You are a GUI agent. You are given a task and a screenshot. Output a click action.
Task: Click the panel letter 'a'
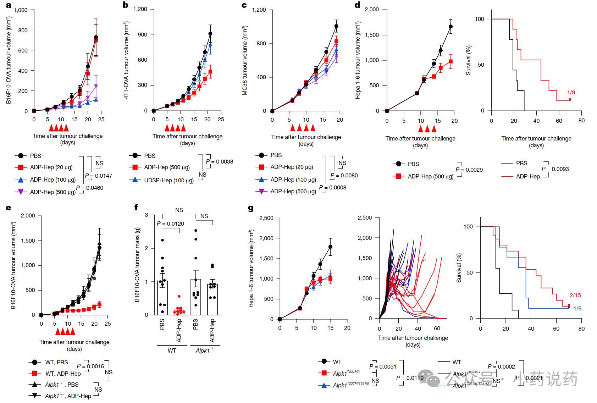point(8,5)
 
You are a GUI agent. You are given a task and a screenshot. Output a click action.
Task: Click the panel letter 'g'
point(251,208)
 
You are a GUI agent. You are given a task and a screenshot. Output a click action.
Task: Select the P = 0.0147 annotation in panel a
point(98,176)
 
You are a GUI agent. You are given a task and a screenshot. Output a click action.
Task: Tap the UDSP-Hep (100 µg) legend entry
point(168,180)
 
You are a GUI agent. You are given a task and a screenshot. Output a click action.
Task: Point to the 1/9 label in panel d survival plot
point(571,92)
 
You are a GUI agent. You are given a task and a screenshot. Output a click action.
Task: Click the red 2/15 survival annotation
point(575,295)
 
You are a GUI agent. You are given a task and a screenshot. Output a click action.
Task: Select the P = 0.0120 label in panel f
point(170,223)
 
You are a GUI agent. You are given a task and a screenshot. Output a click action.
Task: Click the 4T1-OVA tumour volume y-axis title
point(126,60)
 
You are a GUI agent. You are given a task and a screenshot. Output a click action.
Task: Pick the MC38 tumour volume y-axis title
point(245,60)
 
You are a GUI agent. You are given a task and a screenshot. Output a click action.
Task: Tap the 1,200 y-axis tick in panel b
point(140,9)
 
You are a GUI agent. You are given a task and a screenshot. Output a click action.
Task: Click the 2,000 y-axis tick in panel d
point(372,10)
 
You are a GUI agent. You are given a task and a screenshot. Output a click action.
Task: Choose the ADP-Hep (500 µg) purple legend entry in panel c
point(293,191)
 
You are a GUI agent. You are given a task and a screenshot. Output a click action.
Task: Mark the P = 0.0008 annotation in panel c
point(332,187)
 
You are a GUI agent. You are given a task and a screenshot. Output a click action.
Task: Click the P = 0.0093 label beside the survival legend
point(555,169)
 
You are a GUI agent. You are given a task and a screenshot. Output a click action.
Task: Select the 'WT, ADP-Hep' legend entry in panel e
point(63,374)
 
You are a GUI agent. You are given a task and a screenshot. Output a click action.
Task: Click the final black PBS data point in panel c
point(336,26)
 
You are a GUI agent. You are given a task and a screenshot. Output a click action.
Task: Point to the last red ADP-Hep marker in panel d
point(450,61)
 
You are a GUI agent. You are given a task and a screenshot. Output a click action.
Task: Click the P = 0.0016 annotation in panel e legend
point(90,366)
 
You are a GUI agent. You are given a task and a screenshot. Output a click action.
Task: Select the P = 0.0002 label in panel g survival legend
point(501,366)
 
